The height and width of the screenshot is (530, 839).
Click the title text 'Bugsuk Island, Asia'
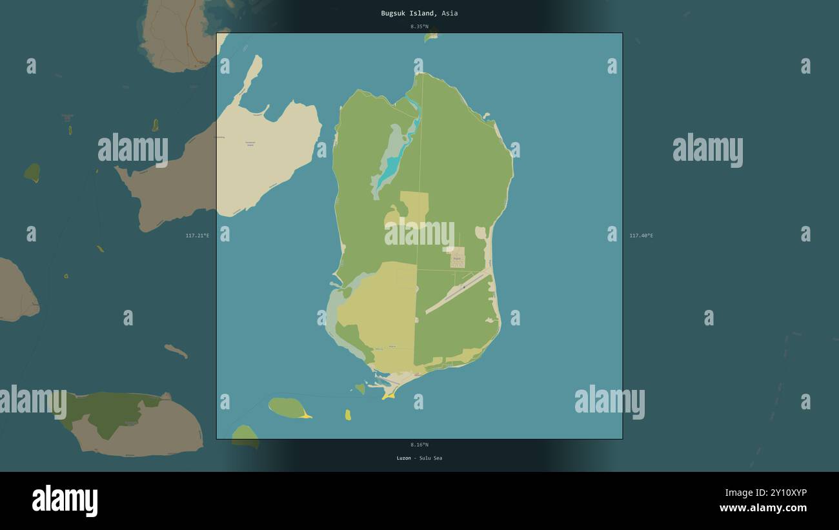pos(419,13)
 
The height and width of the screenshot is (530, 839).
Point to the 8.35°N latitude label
pos(419,26)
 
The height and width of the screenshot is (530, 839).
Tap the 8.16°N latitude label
pos(419,445)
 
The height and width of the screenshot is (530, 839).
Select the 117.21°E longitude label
pos(197,236)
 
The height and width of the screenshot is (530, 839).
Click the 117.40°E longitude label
pos(641,236)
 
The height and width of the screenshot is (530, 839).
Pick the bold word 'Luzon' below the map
pos(403,458)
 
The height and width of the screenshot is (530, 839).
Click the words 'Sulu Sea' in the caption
pos(430,458)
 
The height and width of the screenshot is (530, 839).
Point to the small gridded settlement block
pos(457,257)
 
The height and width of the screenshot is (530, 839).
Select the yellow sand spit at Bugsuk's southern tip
pos(389,394)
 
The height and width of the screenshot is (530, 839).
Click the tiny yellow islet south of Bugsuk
pos(348,414)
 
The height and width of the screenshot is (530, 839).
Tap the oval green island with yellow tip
pos(288,408)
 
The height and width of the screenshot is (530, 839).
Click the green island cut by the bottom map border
pos(245,435)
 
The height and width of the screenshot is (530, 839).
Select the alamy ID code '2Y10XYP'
pos(783,493)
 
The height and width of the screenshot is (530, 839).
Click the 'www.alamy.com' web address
pos(763,508)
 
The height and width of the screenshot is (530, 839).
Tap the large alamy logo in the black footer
pos(65,501)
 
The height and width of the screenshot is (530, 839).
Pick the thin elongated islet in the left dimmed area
pos(176,351)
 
